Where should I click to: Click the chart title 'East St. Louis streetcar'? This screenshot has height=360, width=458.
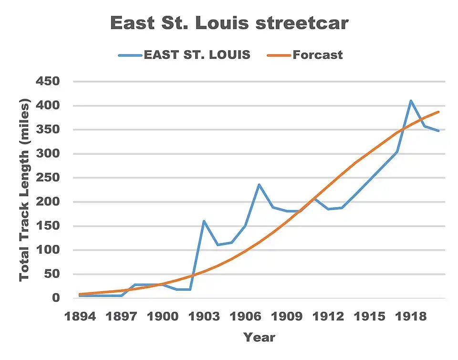[x=229, y=23]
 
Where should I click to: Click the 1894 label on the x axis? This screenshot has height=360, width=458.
[x=80, y=317]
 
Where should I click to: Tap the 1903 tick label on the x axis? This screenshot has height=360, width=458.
[x=204, y=317]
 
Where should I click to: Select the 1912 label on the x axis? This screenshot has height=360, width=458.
[x=328, y=317]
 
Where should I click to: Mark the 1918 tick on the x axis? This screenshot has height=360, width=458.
[x=410, y=317]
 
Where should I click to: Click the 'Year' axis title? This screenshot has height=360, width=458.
[x=259, y=337]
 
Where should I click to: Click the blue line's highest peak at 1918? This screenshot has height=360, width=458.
[x=410, y=101]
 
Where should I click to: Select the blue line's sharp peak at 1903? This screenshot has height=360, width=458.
[x=204, y=221]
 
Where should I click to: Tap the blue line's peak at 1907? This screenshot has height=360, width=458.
[x=259, y=185]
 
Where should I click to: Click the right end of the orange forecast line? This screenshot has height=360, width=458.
[x=438, y=112]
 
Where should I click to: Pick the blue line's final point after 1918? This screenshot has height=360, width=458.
[x=438, y=130]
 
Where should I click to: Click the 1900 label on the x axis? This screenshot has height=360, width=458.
[x=162, y=317]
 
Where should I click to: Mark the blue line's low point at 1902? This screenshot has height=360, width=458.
[x=190, y=289]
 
